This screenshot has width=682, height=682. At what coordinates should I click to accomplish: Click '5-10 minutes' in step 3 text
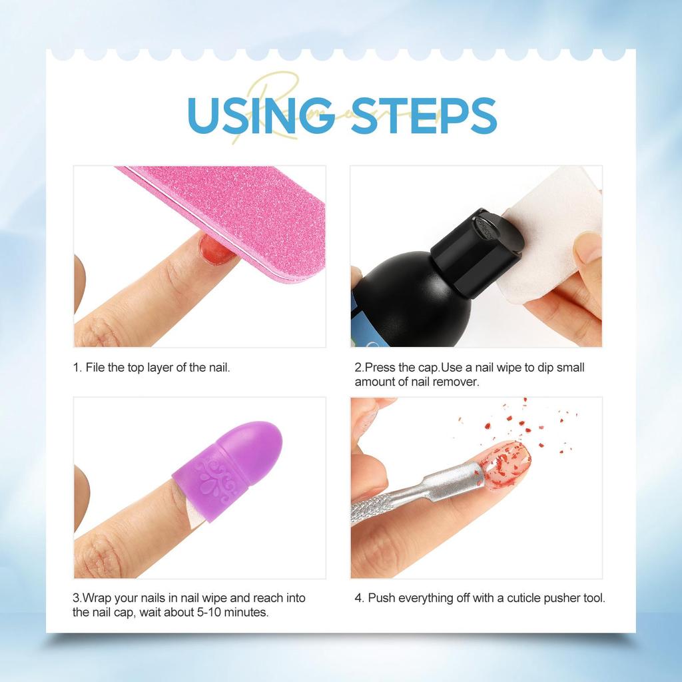click(x=232, y=611)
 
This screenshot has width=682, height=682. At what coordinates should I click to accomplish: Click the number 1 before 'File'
click(x=76, y=367)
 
